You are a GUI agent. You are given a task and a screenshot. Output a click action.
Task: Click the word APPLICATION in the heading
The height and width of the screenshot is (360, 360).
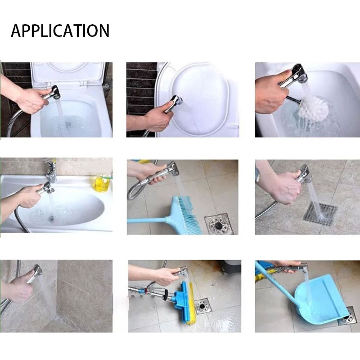(x=60, y=31)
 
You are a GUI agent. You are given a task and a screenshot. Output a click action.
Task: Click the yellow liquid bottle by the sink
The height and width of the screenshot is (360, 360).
(x=101, y=183)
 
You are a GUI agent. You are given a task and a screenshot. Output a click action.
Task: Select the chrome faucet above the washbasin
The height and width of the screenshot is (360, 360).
(x=51, y=171)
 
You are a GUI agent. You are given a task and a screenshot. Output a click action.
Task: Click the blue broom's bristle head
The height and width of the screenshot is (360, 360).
(x=186, y=214)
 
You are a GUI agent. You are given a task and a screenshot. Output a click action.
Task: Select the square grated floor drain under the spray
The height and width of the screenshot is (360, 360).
(x=320, y=213)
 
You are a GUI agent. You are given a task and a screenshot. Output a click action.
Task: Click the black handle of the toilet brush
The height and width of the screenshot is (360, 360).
(x=293, y=99)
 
